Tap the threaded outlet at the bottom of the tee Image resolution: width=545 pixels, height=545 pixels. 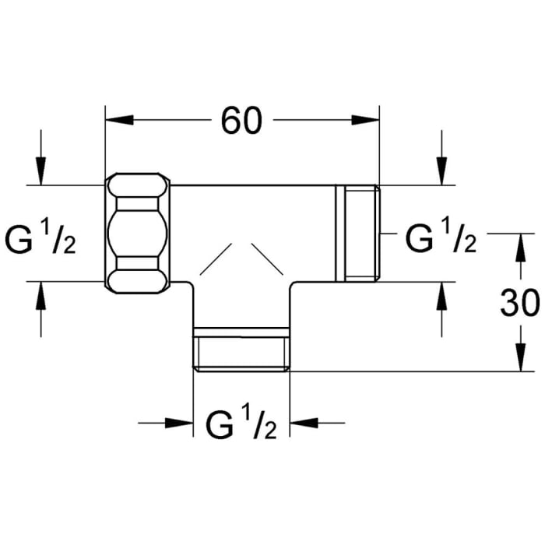click(242, 350)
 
